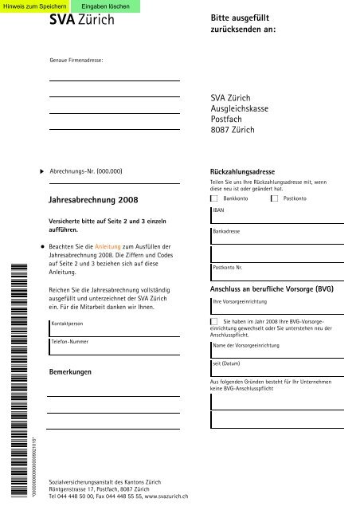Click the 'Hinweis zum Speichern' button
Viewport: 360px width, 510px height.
(x=31, y=6)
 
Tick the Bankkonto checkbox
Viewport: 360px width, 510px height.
(x=214, y=197)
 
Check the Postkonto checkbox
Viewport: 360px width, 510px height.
(x=275, y=197)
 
